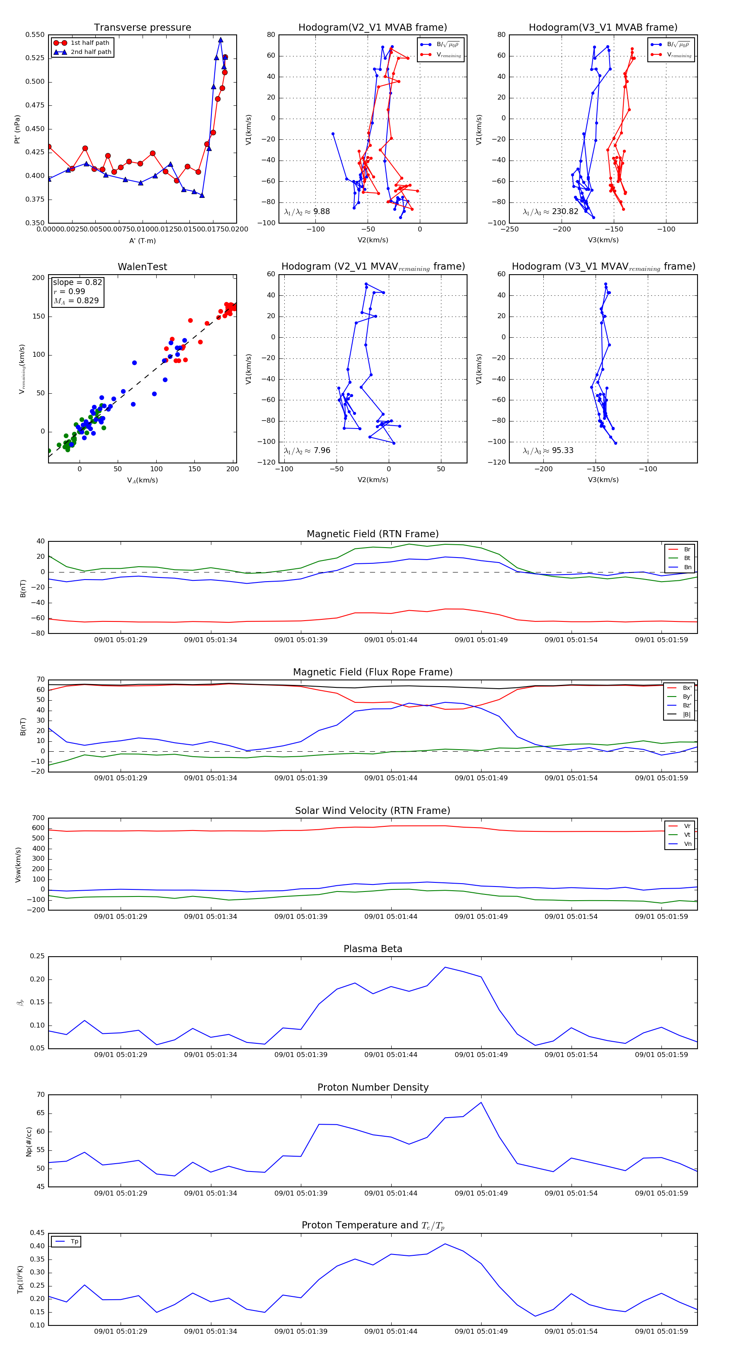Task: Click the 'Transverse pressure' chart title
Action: [x=142, y=28]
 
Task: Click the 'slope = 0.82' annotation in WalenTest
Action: [x=77, y=282]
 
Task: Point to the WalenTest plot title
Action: [x=142, y=267]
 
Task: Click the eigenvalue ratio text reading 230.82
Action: [x=551, y=212]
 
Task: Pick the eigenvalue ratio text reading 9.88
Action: [x=307, y=212]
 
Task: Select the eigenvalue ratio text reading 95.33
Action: [x=548, y=451]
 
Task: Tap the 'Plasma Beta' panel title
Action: [x=373, y=949]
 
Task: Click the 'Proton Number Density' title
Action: [x=373, y=1087]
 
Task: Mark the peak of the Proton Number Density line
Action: [x=481, y=1102]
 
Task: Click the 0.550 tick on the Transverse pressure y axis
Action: [x=35, y=35]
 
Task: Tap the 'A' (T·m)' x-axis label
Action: [x=142, y=241]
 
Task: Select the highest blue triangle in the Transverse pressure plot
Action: [x=220, y=40]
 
